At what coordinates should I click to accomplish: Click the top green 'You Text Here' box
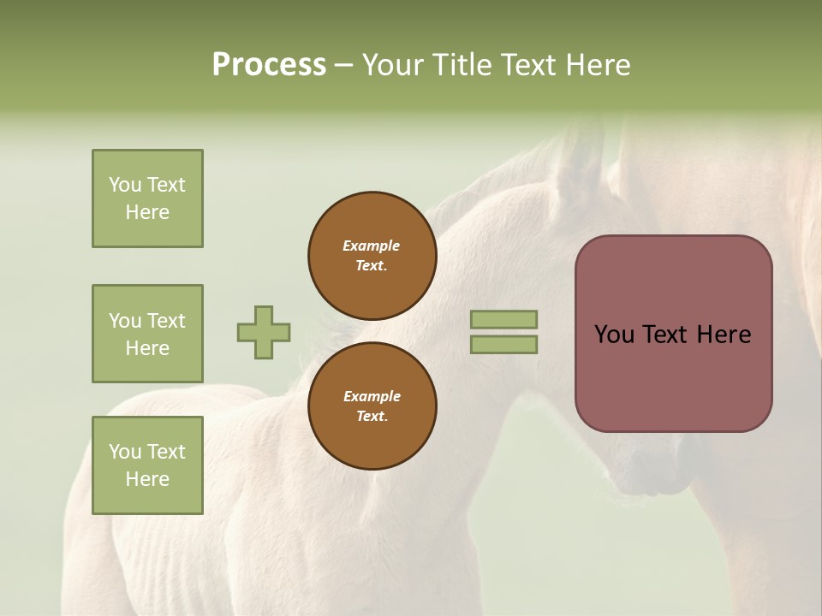tap(147, 198)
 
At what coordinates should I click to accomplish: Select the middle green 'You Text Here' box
tap(147, 334)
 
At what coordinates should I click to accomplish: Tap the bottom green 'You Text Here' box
tap(147, 465)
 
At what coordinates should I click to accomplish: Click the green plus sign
tap(264, 332)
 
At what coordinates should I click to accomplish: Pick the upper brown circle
tap(372, 256)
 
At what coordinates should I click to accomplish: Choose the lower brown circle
tap(372, 406)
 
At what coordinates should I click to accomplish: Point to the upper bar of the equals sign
tap(504, 319)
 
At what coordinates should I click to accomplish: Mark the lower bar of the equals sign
tap(504, 345)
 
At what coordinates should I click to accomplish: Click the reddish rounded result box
tap(673, 334)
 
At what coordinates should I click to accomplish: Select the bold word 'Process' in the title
tap(269, 65)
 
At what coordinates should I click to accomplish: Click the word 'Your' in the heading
tap(395, 65)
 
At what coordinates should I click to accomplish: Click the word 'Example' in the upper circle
tap(372, 246)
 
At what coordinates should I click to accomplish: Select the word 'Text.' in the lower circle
tap(372, 416)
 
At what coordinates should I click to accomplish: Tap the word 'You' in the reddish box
tap(614, 335)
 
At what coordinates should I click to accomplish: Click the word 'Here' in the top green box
tap(147, 212)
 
